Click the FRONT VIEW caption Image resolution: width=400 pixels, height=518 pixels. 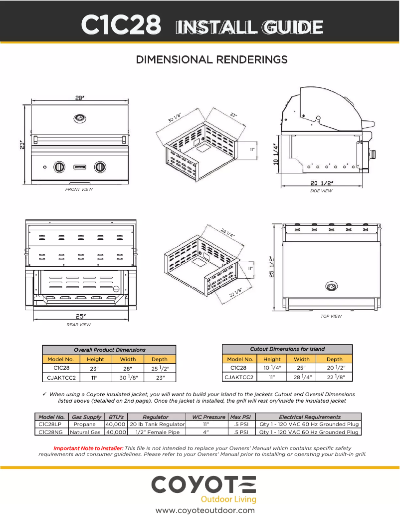[x=79, y=189]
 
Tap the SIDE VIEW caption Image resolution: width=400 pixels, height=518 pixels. [x=321, y=191]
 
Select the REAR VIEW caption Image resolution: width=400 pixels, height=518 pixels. [x=79, y=325]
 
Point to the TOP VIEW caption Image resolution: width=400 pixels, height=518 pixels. [x=331, y=316]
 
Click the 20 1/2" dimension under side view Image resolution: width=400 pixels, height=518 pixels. [x=322, y=183]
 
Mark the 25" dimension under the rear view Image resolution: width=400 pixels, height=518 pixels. [x=80, y=316]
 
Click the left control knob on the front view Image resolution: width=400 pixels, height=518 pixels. [x=59, y=167]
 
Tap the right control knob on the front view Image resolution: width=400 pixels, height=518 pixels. [x=100, y=167]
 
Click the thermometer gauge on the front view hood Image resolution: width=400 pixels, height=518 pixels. [x=79, y=118]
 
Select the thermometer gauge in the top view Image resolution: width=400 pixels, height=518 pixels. [x=331, y=287]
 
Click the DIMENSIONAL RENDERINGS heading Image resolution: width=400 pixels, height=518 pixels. [x=212, y=59]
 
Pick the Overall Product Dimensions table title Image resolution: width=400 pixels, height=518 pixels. [x=109, y=350]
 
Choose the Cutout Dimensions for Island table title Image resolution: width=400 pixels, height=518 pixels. [x=287, y=349]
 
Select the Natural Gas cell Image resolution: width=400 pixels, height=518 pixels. [x=85, y=432]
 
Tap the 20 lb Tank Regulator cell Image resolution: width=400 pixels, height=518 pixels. [x=157, y=424]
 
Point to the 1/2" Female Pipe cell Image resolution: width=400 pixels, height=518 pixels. [x=157, y=432]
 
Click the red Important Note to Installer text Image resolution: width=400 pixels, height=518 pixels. [x=88, y=448]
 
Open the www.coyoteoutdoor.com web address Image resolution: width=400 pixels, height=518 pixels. [x=205, y=511]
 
